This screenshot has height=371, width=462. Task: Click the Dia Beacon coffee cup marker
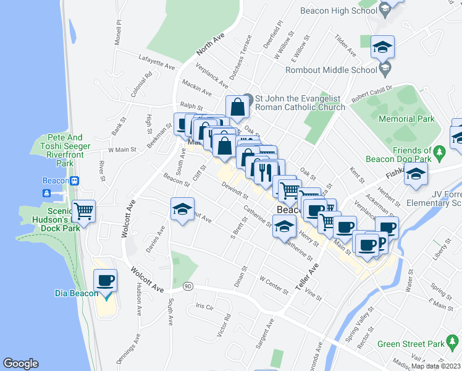(105, 282)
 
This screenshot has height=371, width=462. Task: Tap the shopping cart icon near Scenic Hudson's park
(83, 211)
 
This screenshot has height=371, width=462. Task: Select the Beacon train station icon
(75, 181)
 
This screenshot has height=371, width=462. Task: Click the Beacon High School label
(338, 11)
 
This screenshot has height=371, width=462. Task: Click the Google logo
(20, 364)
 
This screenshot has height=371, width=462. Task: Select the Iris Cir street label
(204, 306)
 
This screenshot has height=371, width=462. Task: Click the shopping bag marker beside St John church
(237, 107)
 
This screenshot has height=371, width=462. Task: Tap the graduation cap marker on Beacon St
(182, 210)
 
